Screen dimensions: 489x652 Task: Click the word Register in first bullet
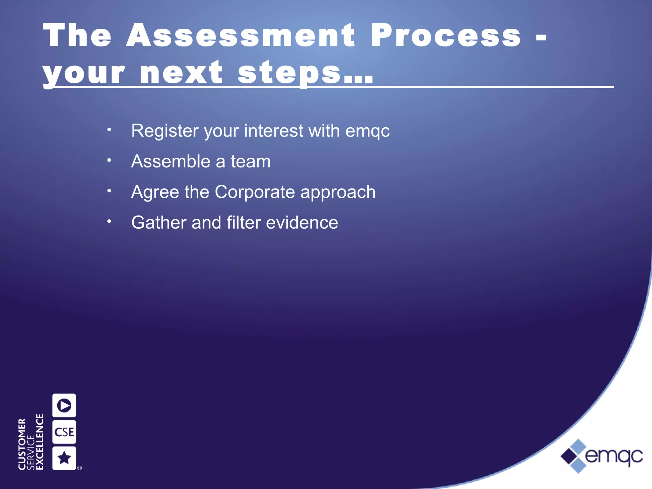[165, 131]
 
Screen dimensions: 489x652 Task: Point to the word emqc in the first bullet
[367, 131]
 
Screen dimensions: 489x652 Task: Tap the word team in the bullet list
[251, 161]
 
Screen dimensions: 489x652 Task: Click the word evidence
[302, 223]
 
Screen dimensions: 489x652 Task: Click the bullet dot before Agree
[109, 191]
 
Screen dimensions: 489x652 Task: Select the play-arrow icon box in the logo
[64, 405]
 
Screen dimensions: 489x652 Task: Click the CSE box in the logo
[64, 432]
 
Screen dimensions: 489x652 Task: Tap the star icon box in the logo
[64, 458]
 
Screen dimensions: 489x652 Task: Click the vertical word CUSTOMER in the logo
[22, 444]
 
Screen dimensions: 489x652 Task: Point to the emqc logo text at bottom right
[614, 456]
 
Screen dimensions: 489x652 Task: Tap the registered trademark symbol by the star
[80, 468]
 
